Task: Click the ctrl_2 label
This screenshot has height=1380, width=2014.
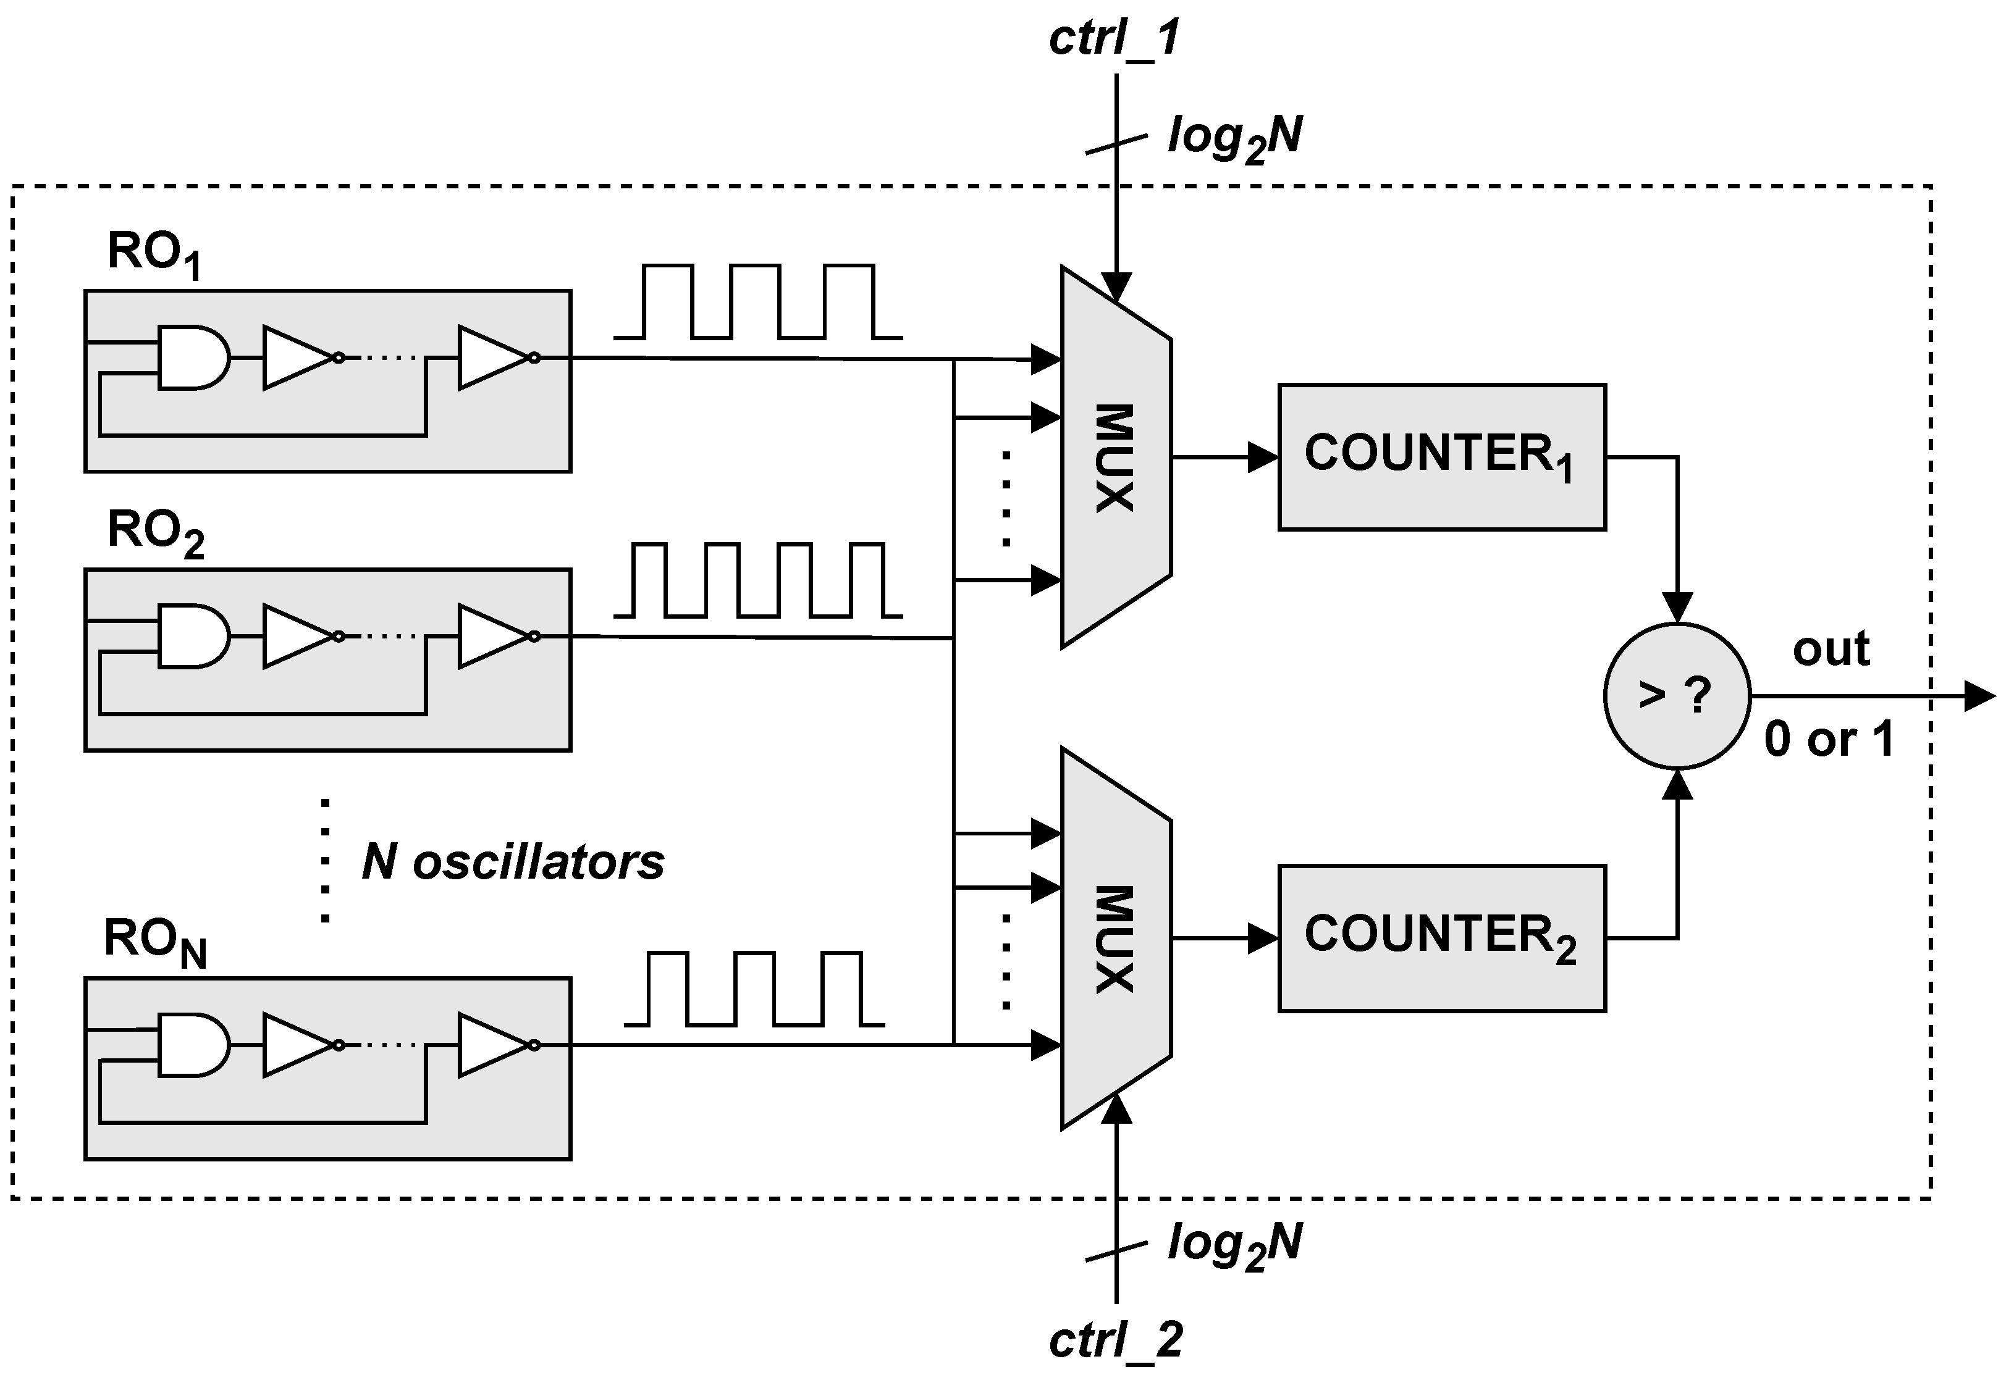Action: click(x=1115, y=1341)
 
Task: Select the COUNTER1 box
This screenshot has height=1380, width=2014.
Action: click(x=1441, y=456)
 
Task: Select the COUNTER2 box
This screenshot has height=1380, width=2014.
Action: click(x=1441, y=937)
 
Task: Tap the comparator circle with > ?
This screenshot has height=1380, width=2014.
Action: click(x=1676, y=695)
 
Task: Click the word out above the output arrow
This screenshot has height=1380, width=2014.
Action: click(x=1831, y=649)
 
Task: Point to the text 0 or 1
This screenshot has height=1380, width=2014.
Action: click(x=1829, y=739)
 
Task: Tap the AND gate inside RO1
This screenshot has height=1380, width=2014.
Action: click(x=192, y=357)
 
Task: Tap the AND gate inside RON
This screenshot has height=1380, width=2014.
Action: click(x=192, y=1045)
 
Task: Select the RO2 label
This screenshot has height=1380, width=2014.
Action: click(x=155, y=531)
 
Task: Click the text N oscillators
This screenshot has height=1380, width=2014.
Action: click(x=512, y=862)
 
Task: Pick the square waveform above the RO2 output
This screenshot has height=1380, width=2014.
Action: click(x=757, y=580)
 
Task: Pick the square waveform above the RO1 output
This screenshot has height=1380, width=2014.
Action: click(x=757, y=301)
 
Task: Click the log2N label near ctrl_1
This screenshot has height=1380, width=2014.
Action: click(x=1234, y=138)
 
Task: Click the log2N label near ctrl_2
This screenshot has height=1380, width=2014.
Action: click(x=1234, y=1245)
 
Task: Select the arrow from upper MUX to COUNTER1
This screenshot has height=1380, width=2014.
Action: click(x=1224, y=456)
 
